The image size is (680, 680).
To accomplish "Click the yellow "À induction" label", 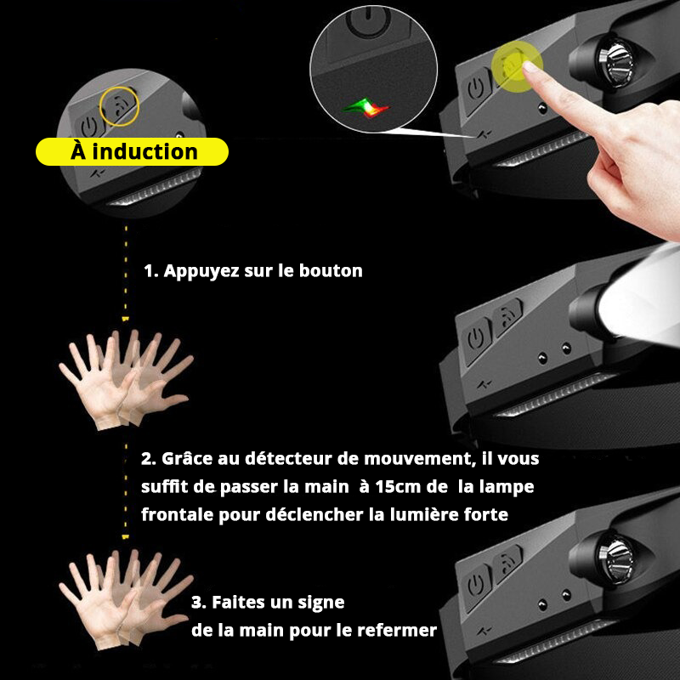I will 133,151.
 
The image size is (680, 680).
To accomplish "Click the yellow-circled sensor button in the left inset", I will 120,105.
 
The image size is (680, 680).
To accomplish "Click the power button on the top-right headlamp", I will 477,86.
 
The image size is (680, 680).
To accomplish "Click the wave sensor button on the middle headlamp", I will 509,318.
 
